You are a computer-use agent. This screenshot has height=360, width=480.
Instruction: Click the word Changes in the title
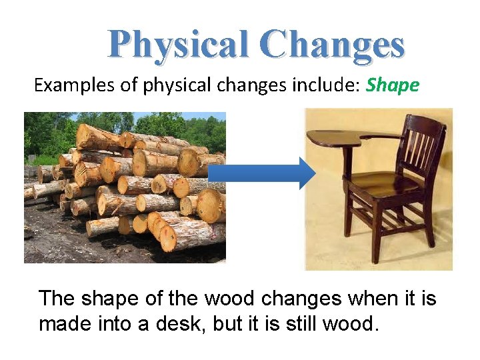click(x=333, y=45)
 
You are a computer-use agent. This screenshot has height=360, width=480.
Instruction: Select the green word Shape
click(x=393, y=85)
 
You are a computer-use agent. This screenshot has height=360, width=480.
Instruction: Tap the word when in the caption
click(x=333, y=298)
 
